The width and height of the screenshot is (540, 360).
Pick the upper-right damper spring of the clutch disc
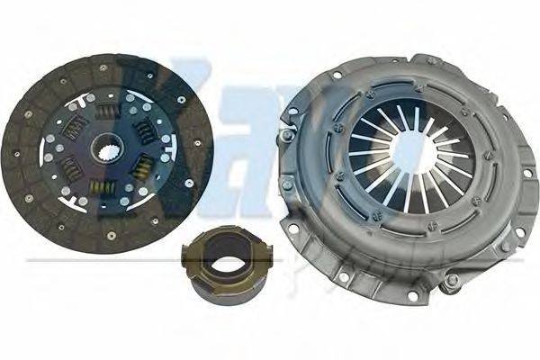click(142, 130)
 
